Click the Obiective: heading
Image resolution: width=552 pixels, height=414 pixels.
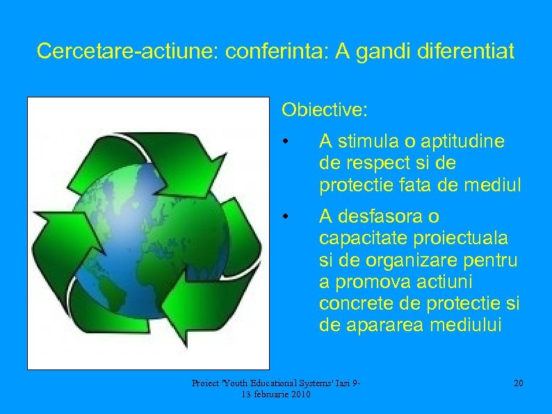[325, 110]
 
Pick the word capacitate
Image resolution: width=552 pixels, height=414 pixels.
[361, 238]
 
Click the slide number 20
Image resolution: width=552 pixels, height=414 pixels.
[518, 384]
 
